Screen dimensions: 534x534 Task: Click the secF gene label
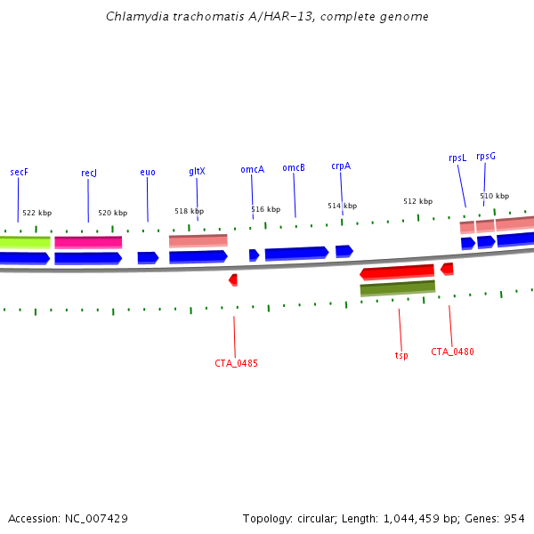coord(19,171)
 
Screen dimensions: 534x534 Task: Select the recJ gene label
coord(88,173)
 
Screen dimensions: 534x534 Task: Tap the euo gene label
coord(148,172)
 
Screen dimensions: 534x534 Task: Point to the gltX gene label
coord(197,171)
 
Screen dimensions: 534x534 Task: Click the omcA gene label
coord(252,169)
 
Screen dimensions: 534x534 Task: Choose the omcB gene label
coord(294,167)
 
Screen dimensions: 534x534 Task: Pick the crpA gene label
coord(341,166)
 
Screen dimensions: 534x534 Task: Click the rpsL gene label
coord(457,158)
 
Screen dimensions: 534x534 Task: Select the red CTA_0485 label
coord(236,363)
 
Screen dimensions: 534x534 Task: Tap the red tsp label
coord(401,356)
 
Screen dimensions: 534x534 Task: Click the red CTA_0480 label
coord(452,352)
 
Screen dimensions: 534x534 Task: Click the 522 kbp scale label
coord(36,213)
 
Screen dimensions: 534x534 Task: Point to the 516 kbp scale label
coord(265,209)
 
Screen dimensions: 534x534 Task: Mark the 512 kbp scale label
coord(417,201)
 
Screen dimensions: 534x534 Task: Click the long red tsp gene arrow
coord(397,271)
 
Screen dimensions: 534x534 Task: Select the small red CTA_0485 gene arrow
coord(233,279)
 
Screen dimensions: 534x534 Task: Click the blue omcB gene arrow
coord(296,253)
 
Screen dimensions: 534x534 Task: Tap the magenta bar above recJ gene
coord(88,242)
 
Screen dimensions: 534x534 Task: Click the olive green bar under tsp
coord(397,288)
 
